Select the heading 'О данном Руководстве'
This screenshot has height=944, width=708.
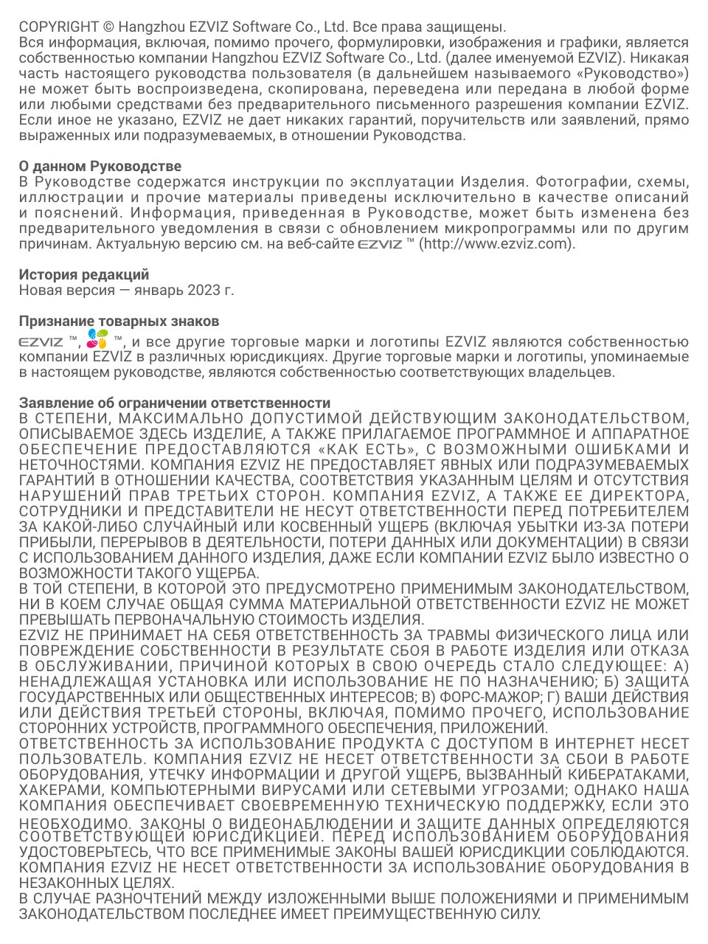tap(100, 166)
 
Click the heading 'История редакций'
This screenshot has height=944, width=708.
tap(83, 274)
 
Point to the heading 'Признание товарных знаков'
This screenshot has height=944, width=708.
tap(119, 322)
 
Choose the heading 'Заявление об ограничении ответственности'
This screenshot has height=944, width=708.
tap(174, 403)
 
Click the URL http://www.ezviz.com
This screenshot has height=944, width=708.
tap(496, 244)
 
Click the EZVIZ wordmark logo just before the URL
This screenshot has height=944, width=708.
tap(380, 245)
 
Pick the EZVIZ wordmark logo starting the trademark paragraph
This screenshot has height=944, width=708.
tap(41, 342)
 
